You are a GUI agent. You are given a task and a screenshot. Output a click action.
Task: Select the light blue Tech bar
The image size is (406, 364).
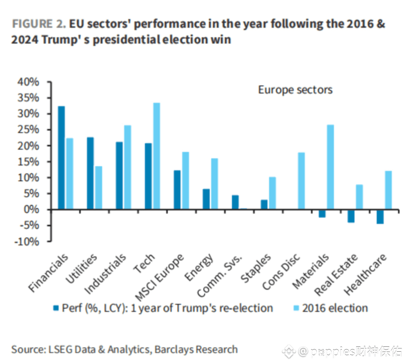tap(156, 156)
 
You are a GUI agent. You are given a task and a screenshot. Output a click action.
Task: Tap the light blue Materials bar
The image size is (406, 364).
tap(330, 167)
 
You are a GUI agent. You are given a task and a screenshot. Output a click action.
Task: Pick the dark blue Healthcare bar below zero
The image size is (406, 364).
tap(380, 217)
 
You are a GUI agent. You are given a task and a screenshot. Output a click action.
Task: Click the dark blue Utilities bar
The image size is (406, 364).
tap(90, 173)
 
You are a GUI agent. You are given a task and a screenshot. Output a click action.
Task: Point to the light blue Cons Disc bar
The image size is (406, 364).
tap(301, 181)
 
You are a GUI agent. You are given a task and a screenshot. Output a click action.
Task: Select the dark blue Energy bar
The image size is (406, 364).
tap(206, 199)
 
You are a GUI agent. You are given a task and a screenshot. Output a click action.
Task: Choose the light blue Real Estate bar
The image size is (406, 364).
tap(359, 197)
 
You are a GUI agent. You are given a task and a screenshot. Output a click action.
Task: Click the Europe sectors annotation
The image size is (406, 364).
tap(295, 90)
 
